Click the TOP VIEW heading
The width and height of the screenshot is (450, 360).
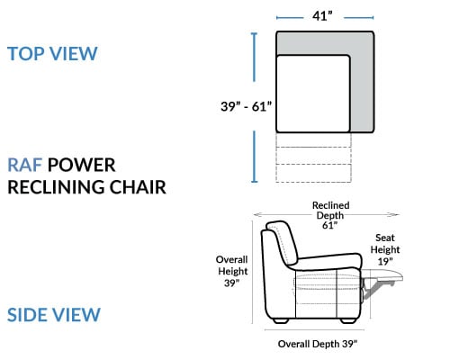pos(52,54)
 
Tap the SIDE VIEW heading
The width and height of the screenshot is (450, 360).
pos(54,315)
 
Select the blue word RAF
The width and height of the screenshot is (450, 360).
pos(24,165)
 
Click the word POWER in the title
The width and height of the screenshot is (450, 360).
pos(81,165)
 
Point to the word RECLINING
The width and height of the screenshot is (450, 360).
pos(56,187)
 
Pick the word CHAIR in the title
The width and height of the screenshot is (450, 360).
pos(138,187)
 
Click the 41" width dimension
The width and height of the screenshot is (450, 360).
pos(323,16)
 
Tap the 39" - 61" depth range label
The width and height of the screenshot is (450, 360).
pos(247,106)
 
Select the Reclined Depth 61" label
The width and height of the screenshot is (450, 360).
pos(330,215)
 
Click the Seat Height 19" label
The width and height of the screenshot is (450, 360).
pos(385,249)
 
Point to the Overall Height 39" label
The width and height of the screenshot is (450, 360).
pos(232,271)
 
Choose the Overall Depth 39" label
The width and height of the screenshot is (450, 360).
pos(318,344)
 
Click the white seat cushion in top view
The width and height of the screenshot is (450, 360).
pos(313,94)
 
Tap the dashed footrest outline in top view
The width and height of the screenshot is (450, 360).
pos(313,157)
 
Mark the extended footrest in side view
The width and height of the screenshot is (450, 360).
pos(382,276)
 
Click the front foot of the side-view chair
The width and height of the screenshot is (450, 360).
pos(348,320)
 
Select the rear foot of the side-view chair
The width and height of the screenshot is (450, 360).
pos(281,320)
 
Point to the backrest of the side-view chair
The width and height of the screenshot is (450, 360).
pos(279,243)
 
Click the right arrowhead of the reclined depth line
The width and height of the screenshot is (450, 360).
pos(395,214)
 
